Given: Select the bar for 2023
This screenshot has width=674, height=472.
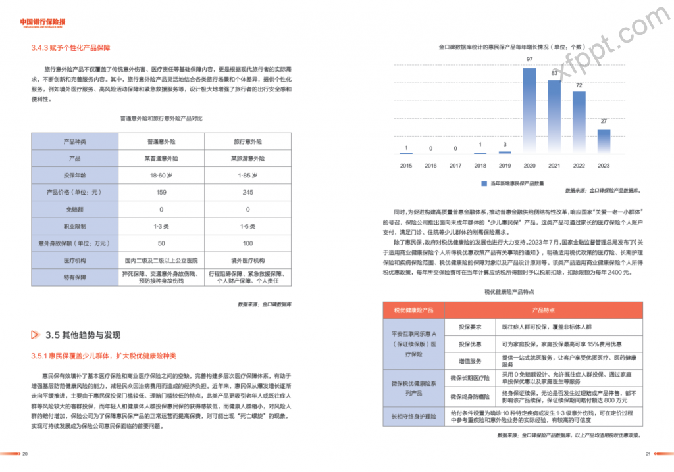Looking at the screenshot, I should coord(604,141).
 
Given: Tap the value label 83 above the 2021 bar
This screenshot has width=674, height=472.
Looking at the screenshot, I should coord(555,73).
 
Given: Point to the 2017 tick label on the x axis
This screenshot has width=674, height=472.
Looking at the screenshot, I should coord(455,166).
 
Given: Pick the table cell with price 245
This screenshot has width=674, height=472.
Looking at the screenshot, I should coord(248,193).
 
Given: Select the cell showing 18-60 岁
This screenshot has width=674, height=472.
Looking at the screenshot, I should coord(161,176).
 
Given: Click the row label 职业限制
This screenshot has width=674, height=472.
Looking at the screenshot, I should coord(74,226).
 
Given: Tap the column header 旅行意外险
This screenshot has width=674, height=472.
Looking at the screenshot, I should coord(248,142).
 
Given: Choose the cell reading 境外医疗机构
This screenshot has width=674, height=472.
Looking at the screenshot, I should coord(248,260).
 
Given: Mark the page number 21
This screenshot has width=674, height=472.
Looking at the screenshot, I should coord(648,454).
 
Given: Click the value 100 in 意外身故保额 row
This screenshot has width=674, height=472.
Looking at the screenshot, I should coord(248,243).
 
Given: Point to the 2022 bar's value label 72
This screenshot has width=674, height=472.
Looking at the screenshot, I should coord(579,86).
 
